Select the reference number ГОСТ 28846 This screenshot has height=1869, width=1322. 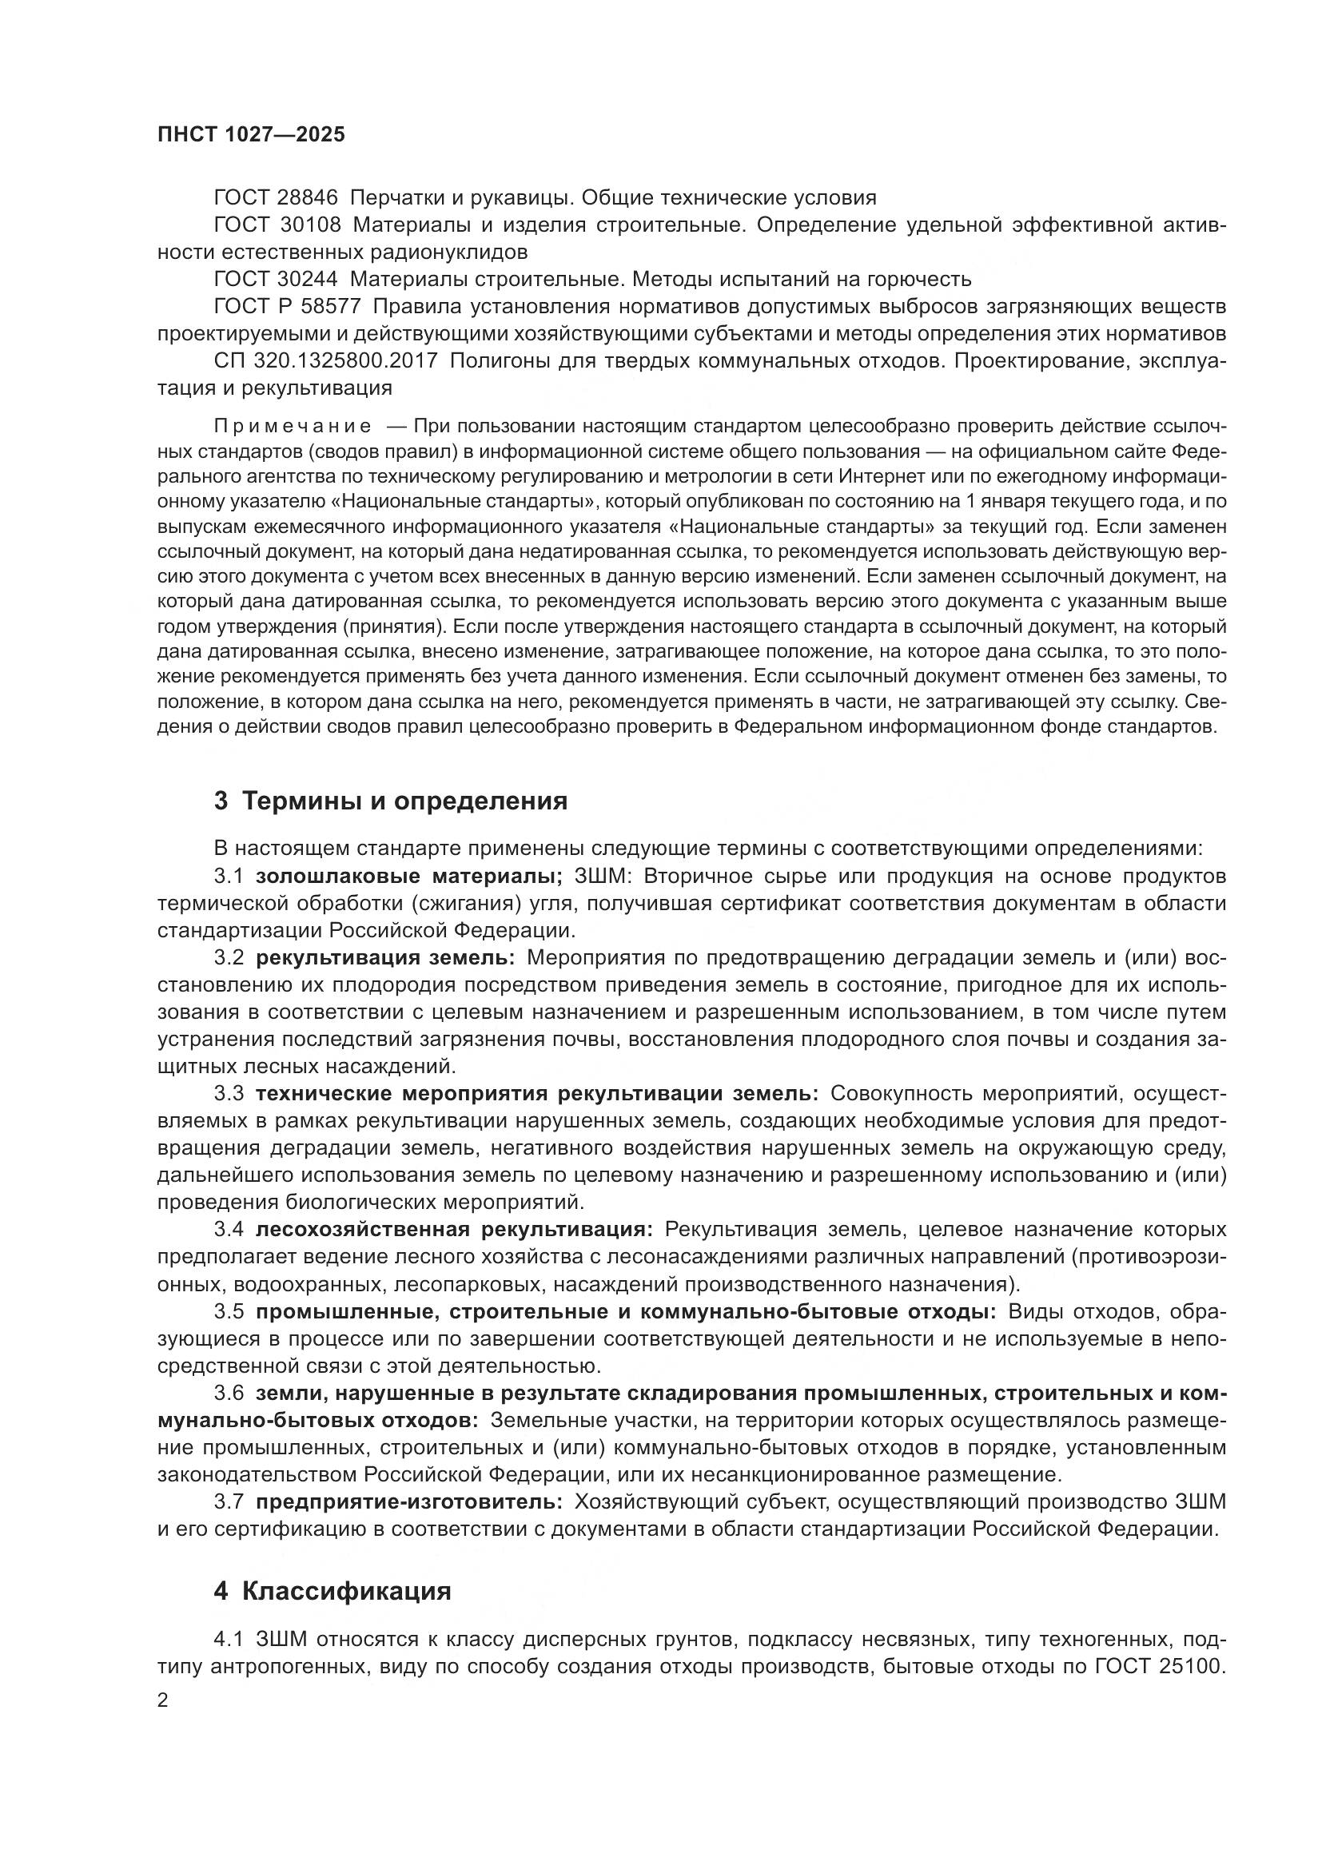[277, 198]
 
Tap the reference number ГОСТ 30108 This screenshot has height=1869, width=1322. [277, 225]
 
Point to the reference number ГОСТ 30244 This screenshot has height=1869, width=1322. [277, 279]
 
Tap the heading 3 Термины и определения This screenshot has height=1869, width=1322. [391, 801]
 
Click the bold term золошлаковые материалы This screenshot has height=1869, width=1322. [408, 877]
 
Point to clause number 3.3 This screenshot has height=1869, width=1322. [229, 1094]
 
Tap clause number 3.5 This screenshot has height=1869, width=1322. [229, 1311]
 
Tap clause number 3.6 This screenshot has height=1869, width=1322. [229, 1393]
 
